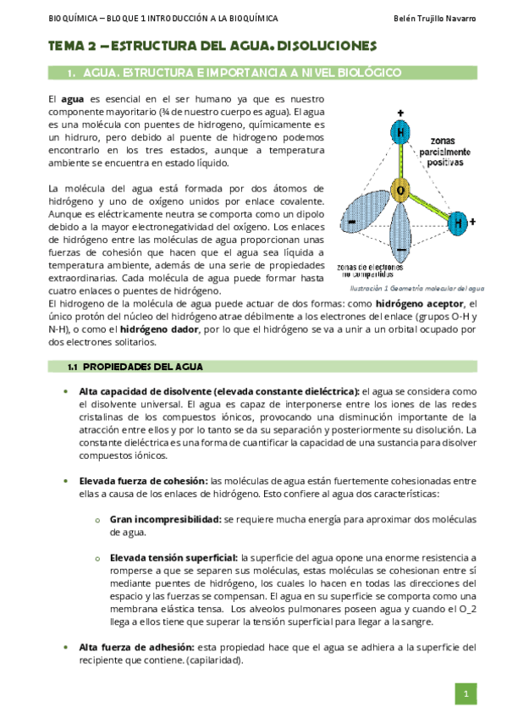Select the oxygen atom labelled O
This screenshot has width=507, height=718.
(400, 190)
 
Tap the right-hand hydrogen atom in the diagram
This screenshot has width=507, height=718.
(457, 224)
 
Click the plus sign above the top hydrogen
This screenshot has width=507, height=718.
(400, 113)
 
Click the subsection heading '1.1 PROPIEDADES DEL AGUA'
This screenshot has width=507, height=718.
(135, 367)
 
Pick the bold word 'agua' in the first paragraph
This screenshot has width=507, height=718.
(73, 99)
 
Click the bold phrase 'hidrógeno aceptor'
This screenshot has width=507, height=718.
(420, 302)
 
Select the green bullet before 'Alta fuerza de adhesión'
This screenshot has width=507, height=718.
(67, 649)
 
